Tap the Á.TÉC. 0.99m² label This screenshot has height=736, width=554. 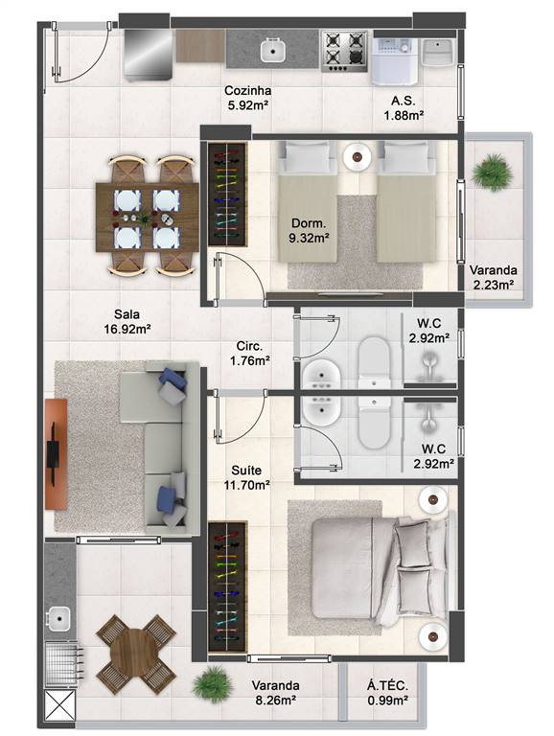coord(387,693)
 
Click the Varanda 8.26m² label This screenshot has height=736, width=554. coord(275,693)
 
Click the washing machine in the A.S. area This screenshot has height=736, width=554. coord(394,59)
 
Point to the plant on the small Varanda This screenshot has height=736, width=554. coord(492,172)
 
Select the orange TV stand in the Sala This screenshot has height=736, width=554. coord(57,450)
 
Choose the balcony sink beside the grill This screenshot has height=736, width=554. coord(58,618)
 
